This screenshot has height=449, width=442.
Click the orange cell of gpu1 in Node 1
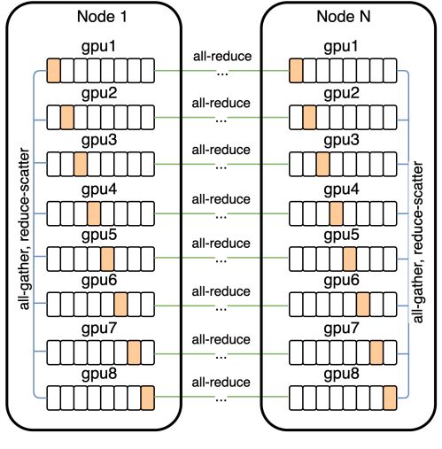click(x=53, y=69)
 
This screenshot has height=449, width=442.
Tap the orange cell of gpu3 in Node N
click(x=322, y=164)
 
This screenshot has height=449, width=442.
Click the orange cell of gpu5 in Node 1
click(x=107, y=258)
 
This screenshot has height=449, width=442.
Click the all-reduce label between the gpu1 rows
click(x=221, y=56)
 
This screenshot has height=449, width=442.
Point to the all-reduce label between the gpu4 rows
click(x=221, y=198)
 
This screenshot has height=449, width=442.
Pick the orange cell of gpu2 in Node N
click(x=308, y=117)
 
